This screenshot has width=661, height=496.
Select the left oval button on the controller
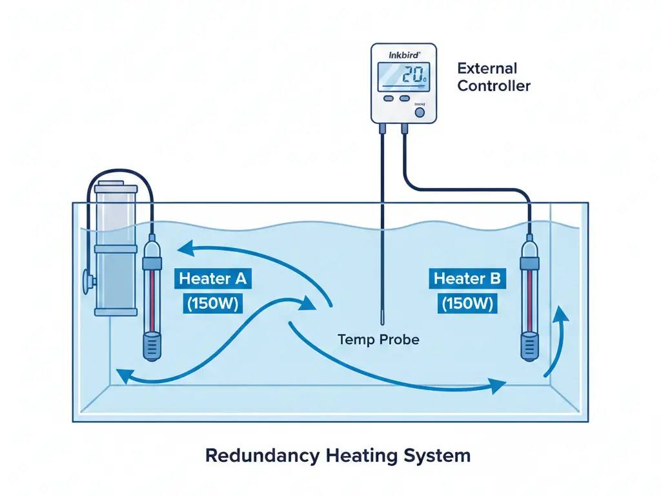pyautogui.click(x=389, y=99)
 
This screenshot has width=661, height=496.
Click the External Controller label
pyautogui.click(x=493, y=77)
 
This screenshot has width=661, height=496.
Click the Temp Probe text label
pyautogui.click(x=378, y=339)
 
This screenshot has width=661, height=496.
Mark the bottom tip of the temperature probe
pyautogui.click(x=382, y=320)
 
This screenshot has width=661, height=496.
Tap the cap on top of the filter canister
pyautogui.click(x=116, y=189)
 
